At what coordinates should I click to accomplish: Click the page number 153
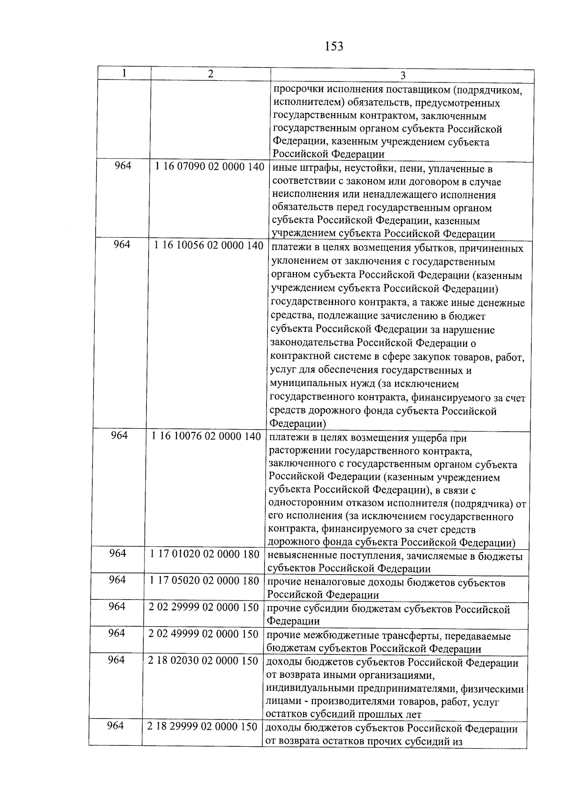click(333, 46)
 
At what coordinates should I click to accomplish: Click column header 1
click(124, 73)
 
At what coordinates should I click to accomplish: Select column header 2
click(211, 74)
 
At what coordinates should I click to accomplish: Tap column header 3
click(402, 76)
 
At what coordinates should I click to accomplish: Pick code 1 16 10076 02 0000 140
click(206, 436)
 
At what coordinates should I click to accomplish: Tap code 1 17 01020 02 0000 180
click(205, 554)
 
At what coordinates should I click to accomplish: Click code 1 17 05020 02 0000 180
click(204, 581)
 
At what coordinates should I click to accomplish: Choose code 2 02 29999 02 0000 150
click(204, 607)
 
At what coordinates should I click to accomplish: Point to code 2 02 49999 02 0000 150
click(203, 634)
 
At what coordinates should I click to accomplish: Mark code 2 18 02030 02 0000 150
click(203, 660)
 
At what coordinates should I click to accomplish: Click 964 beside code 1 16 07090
click(123, 166)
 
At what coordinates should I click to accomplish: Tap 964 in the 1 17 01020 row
click(118, 553)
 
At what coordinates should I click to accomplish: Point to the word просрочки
click(294, 90)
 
